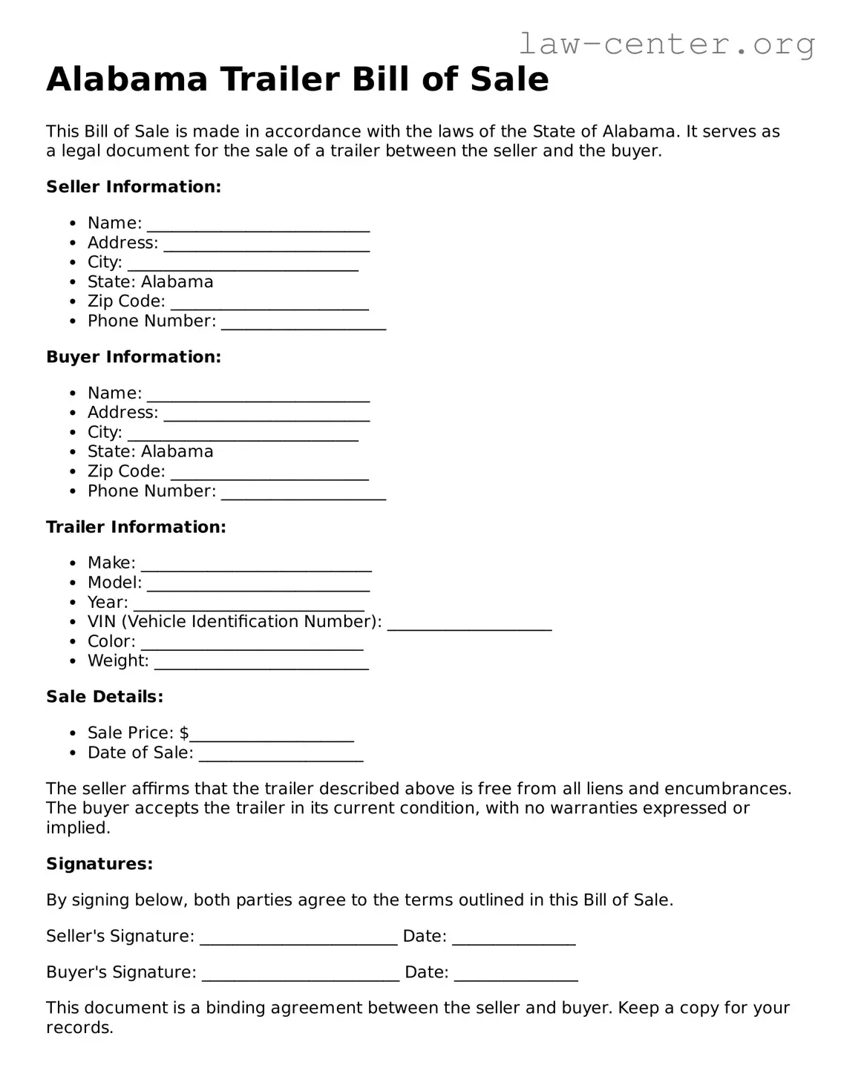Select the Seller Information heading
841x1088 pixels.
coord(134,187)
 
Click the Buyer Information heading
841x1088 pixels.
coord(134,357)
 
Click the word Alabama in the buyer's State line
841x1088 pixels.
coord(177,451)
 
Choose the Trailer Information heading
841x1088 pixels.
coord(136,527)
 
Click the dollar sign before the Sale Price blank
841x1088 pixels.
coord(184,733)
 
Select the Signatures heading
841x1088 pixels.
coord(99,864)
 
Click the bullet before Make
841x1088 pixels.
coord(72,564)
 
